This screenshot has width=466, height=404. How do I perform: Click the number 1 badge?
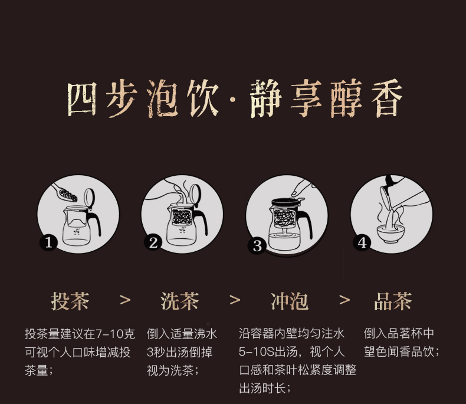click(49, 242)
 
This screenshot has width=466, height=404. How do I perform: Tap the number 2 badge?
click(153, 242)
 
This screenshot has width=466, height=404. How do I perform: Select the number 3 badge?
click(257, 246)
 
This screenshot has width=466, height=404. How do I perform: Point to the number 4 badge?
click(362, 242)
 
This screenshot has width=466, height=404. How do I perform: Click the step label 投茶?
click(70, 301)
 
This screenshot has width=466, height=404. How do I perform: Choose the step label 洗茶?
click(180, 301)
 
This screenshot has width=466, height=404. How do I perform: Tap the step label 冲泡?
click(289, 301)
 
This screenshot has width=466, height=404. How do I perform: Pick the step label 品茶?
click(393, 301)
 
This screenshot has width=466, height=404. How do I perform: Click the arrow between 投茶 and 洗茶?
click(125, 300)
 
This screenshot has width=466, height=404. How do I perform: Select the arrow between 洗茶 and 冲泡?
click(235, 300)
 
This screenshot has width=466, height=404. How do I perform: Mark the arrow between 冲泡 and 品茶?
click(344, 300)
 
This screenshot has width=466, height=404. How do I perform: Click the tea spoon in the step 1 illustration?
click(64, 195)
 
